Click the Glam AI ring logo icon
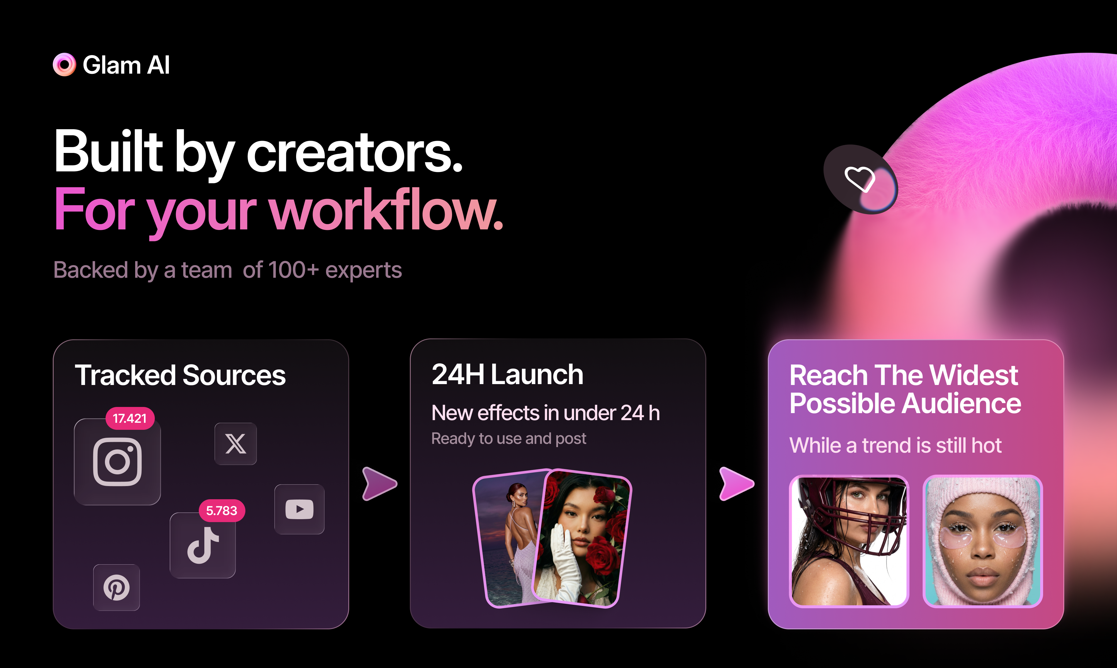click(64, 65)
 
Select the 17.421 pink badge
click(130, 419)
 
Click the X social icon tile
click(235, 444)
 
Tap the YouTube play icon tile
click(299, 509)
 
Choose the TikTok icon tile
click(203, 546)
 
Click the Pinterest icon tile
click(116, 587)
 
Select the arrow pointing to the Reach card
click(736, 484)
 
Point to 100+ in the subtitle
click(293, 270)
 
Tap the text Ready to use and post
click(508, 438)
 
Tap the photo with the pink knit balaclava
click(982, 541)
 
